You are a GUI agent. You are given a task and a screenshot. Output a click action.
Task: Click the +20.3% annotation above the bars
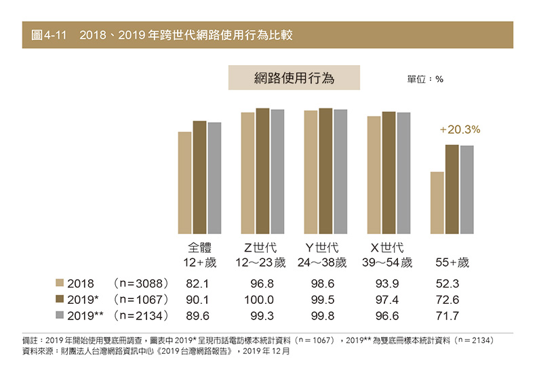(x=460, y=129)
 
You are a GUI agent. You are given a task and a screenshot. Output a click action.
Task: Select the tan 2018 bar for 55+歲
(x=437, y=203)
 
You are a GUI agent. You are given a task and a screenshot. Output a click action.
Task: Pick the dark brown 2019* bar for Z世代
(x=262, y=171)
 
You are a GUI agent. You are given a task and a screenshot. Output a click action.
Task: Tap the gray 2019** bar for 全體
(x=214, y=178)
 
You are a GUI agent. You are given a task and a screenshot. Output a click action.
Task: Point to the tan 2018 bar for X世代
(x=374, y=175)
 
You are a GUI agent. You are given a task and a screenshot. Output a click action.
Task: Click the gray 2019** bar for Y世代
(x=340, y=172)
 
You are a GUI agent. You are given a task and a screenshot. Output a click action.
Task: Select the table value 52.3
(x=448, y=283)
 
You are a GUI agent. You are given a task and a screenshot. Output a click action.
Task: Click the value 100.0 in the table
(x=260, y=299)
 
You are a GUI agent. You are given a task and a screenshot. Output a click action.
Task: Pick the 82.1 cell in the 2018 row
(x=197, y=283)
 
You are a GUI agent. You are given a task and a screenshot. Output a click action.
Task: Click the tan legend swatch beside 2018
(x=60, y=283)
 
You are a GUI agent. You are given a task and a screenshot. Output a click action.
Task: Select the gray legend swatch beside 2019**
(x=60, y=315)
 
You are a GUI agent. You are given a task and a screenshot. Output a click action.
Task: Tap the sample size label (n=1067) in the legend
(x=140, y=299)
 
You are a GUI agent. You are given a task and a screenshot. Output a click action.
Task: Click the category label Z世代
(x=260, y=247)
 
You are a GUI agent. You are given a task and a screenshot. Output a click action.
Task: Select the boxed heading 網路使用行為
(x=294, y=78)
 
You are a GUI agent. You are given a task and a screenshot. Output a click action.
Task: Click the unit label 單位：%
(x=425, y=79)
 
